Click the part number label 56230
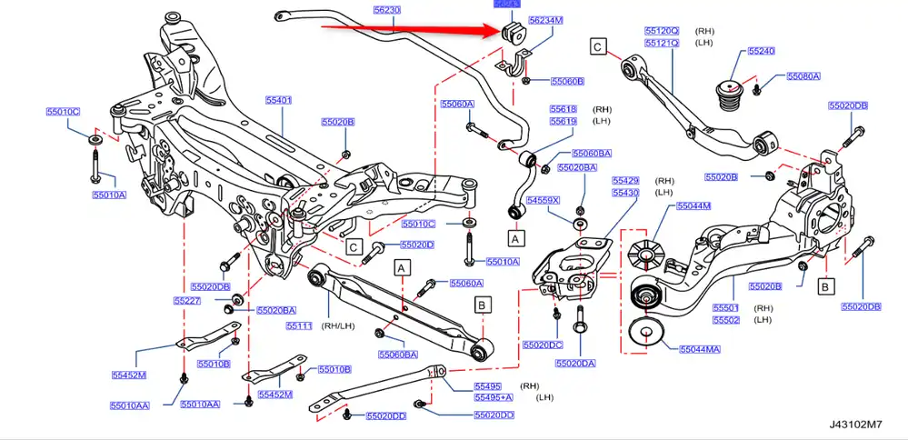386,10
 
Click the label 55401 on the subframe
279,99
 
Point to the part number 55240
761,52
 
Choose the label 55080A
803,76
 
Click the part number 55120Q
661,30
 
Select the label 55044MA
700,348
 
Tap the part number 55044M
693,206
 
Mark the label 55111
299,325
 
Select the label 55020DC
543,345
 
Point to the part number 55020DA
575,363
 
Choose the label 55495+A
494,398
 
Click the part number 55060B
567,81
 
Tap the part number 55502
726,320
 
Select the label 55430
625,193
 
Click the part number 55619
564,121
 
